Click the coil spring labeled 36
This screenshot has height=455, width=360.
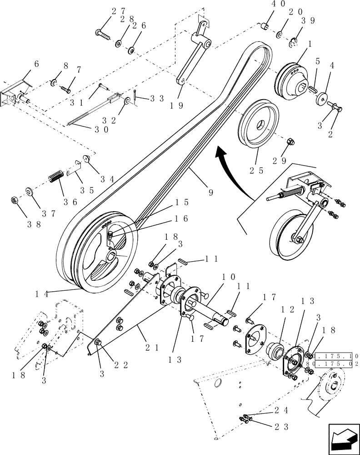[55, 176]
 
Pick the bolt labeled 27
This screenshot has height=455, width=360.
[102, 32]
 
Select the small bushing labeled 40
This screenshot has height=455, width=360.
[263, 25]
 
